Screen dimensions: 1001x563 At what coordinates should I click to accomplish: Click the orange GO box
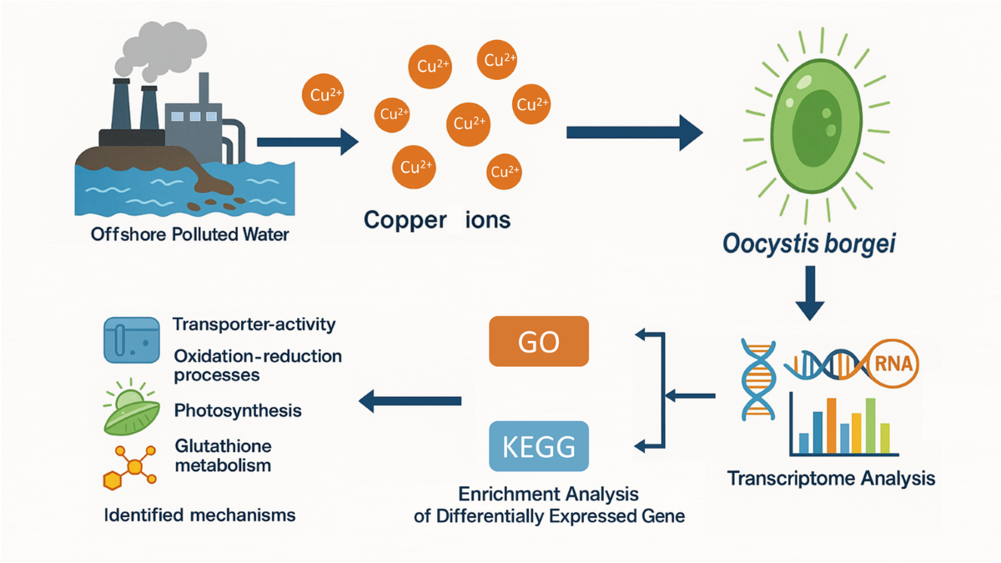[539, 341]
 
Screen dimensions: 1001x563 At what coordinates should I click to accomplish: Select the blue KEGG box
[539, 446]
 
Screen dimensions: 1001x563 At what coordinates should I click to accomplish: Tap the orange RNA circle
[893, 364]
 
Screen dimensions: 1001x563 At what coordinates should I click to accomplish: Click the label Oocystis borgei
[809, 244]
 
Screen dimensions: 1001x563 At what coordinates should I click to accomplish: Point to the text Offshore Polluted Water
[190, 234]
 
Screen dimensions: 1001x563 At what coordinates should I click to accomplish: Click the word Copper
[405, 220]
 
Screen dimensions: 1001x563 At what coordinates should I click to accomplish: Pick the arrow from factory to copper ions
[308, 142]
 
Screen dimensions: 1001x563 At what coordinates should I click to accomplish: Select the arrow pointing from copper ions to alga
[635, 133]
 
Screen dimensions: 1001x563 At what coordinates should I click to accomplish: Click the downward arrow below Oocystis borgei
[810, 293]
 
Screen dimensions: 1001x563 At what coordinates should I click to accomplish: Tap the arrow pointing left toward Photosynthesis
[410, 401]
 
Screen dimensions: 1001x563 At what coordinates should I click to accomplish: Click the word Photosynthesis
[238, 410]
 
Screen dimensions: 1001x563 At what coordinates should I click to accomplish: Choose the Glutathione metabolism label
[223, 455]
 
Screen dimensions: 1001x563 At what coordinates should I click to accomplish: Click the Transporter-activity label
[254, 324]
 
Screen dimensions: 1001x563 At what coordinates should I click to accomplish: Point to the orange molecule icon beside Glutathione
[130, 467]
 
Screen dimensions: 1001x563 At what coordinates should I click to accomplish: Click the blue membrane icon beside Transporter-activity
[132, 340]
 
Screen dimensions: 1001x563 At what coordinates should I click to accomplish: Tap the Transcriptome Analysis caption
[831, 478]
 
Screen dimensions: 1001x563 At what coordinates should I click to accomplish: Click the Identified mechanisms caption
[199, 515]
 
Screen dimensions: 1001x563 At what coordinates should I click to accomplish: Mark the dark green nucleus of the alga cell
[817, 128]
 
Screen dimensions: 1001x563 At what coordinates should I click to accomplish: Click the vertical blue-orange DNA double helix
[758, 380]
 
